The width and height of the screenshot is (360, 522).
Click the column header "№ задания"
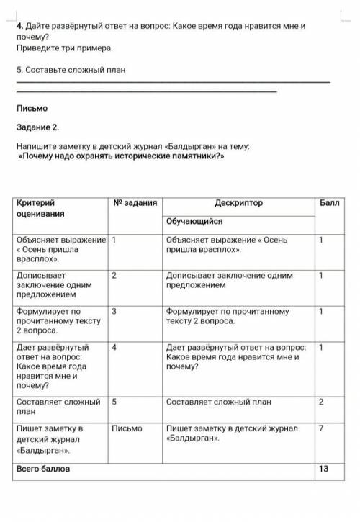click(135, 204)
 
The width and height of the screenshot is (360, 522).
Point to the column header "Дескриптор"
click(238, 204)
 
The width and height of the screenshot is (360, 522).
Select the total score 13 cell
click(323, 469)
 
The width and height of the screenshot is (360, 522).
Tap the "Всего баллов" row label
click(43, 469)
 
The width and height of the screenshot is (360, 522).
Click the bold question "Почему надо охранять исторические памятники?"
click(122, 156)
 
